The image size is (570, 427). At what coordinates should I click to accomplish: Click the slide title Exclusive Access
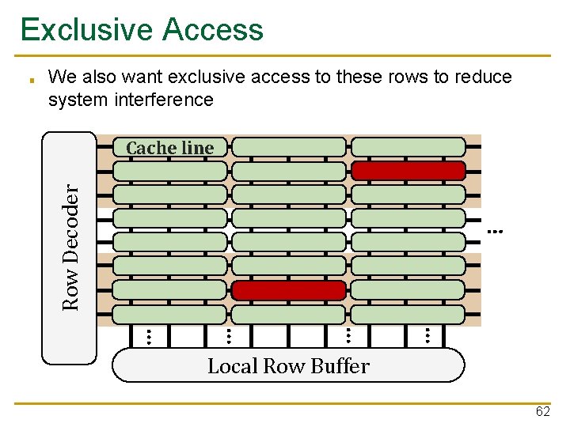point(142,29)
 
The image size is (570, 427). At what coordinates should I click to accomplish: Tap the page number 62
point(542,412)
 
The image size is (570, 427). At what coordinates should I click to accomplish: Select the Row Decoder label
point(71,247)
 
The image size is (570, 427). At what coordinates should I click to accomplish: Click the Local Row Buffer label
point(288,366)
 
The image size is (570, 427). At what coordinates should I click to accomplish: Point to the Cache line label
point(169,148)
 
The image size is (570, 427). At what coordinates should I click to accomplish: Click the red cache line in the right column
point(408,171)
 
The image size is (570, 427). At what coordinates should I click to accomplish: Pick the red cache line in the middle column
point(289,290)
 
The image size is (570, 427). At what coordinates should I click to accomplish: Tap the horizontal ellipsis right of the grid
point(496,232)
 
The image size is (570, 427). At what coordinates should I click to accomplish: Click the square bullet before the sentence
point(29,80)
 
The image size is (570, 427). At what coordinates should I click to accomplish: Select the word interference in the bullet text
point(164,100)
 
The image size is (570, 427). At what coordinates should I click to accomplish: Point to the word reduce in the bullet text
point(483,77)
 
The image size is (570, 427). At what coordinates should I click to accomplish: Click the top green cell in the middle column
point(289,147)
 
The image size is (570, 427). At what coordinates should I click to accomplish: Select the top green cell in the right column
point(408,147)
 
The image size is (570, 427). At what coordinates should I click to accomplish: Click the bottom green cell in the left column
point(170,314)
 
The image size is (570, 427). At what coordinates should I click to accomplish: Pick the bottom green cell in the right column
point(408,314)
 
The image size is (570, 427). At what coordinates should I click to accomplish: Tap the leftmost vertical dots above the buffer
point(147,336)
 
